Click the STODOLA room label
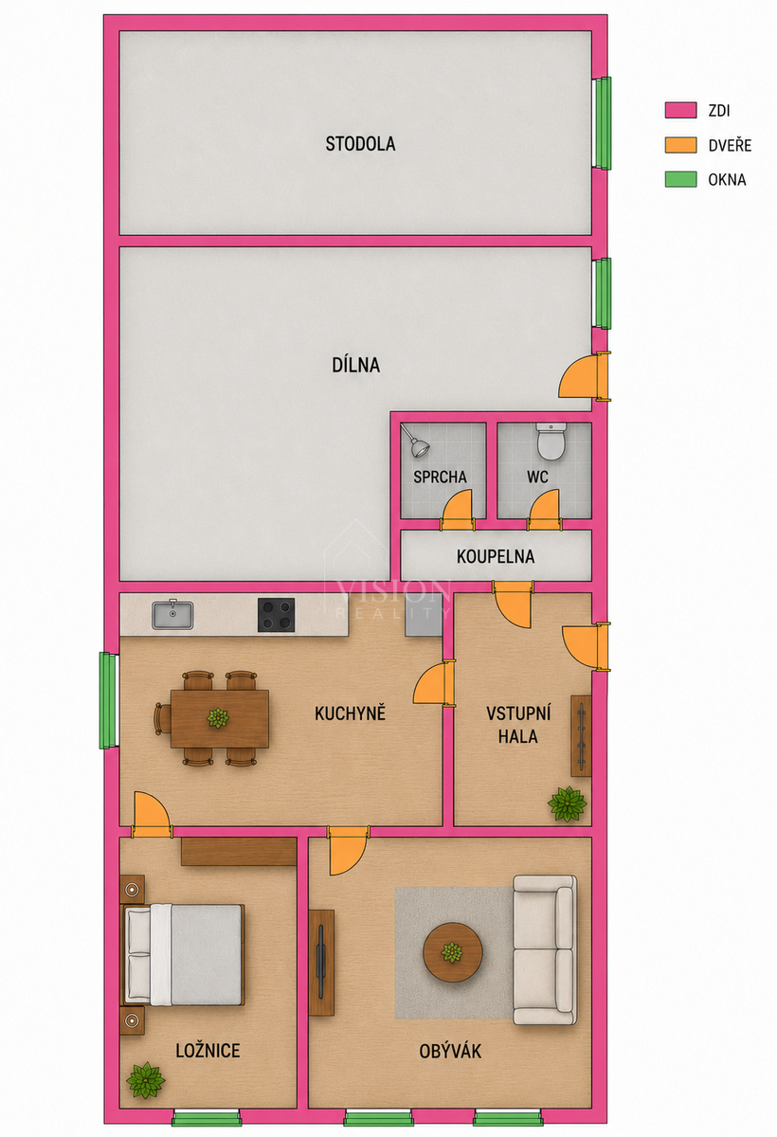(x=360, y=144)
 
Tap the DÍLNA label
(x=355, y=365)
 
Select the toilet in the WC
(x=551, y=442)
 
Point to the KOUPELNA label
(x=496, y=557)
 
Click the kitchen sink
(x=172, y=614)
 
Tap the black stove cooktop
(x=276, y=615)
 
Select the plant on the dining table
(x=218, y=718)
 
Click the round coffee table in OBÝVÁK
(x=453, y=952)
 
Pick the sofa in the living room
(x=545, y=949)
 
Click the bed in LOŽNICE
(x=185, y=954)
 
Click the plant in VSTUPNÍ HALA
(x=568, y=803)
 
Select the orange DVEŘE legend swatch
(x=680, y=145)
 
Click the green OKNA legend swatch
(x=680, y=179)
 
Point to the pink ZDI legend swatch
(x=680, y=110)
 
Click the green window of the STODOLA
(x=603, y=123)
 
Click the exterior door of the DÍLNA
(x=585, y=376)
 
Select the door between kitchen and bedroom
(x=152, y=814)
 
